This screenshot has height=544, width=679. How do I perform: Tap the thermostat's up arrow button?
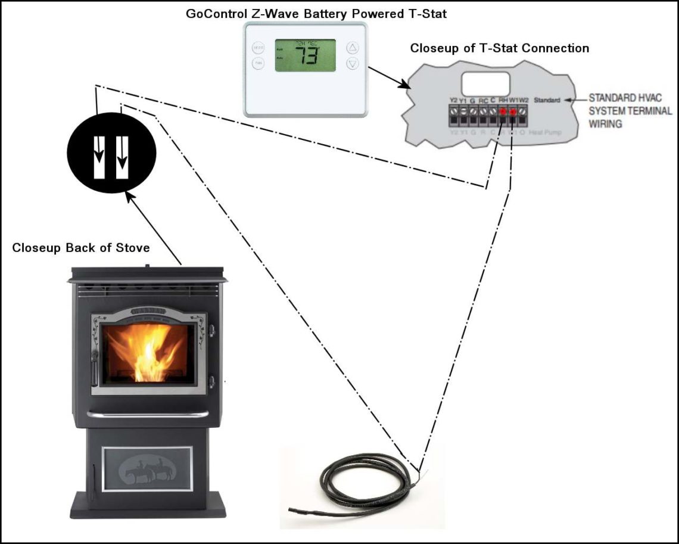(353, 48)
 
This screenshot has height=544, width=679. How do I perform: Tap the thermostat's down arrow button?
(353, 63)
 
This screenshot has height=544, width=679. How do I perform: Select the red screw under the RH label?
(503, 111)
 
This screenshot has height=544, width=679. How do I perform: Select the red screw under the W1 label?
(513, 111)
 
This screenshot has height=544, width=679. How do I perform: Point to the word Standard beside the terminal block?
(547, 100)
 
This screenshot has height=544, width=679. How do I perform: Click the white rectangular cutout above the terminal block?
(485, 83)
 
